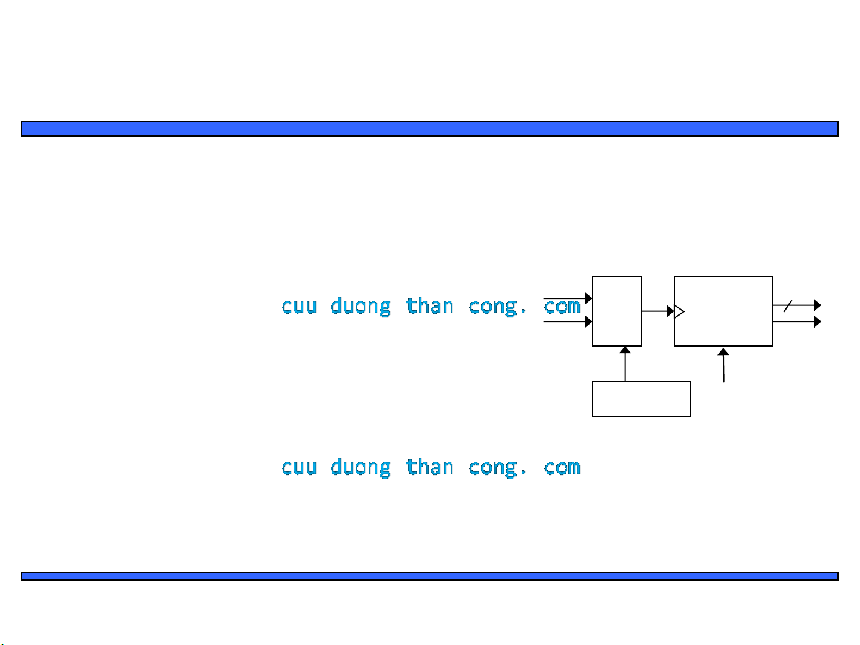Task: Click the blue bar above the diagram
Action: coord(430,129)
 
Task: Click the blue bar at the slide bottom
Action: coord(430,576)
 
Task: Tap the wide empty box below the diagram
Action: coord(641,399)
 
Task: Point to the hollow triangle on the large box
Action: coord(679,311)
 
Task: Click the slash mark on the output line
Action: coord(788,306)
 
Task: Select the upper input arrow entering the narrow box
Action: coord(568,298)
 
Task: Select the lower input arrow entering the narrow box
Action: coord(568,322)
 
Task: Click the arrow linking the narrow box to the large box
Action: coord(658,311)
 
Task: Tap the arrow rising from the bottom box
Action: coord(625,363)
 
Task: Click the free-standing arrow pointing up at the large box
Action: coord(723,365)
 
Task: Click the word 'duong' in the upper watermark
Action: coord(360,307)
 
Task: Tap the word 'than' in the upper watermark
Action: coord(429,305)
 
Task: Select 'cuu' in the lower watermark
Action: coord(299,467)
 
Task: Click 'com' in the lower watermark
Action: coord(562,467)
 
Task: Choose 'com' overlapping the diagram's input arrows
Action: coord(562,307)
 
